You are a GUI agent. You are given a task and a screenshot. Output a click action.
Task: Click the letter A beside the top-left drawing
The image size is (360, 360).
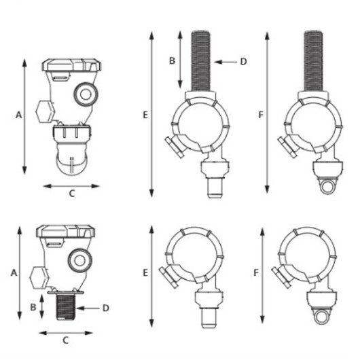pyautogui.click(x=19, y=115)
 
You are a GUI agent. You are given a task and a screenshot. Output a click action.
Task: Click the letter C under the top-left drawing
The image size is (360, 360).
pyautogui.click(x=72, y=194)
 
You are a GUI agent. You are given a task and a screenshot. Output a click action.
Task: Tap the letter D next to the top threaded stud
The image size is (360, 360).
pyautogui.click(x=243, y=62)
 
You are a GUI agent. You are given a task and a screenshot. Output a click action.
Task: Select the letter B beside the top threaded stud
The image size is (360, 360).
pyautogui.click(x=172, y=61)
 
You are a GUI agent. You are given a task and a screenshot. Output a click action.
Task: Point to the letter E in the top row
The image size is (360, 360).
pyautogui.click(x=145, y=115)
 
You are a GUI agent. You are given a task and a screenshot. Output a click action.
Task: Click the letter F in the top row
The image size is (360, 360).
pyautogui.click(x=261, y=115)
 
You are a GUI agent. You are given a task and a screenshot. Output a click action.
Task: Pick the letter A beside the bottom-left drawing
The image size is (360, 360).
pyautogui.click(x=14, y=273)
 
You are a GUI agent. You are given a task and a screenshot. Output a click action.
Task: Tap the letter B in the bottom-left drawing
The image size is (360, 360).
pyautogui.click(x=33, y=307)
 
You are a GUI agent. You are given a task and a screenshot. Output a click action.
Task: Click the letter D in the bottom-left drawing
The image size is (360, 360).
pyautogui.click(x=105, y=308)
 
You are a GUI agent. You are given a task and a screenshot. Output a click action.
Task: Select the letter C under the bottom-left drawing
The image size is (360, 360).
pyautogui.click(x=66, y=340)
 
